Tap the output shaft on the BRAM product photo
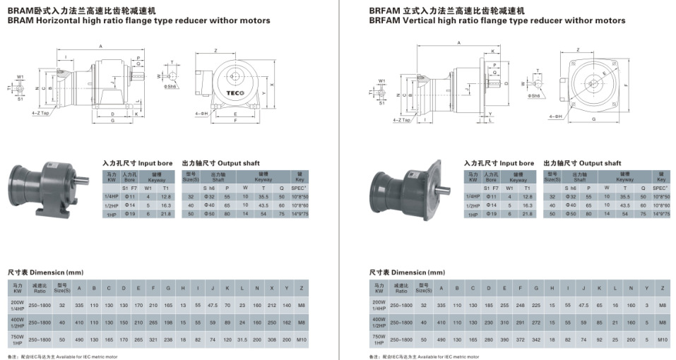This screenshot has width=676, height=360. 83,179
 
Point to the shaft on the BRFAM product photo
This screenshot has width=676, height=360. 445,189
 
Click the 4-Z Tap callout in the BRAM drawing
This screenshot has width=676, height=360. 40,113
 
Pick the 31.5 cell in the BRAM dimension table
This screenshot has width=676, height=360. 242,340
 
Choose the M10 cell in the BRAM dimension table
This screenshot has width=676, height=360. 301,340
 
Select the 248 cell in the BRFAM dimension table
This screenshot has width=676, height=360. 521,304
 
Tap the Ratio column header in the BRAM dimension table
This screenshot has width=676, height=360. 40,289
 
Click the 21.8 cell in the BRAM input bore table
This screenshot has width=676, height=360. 166,213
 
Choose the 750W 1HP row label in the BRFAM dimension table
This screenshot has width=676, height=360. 379,340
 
